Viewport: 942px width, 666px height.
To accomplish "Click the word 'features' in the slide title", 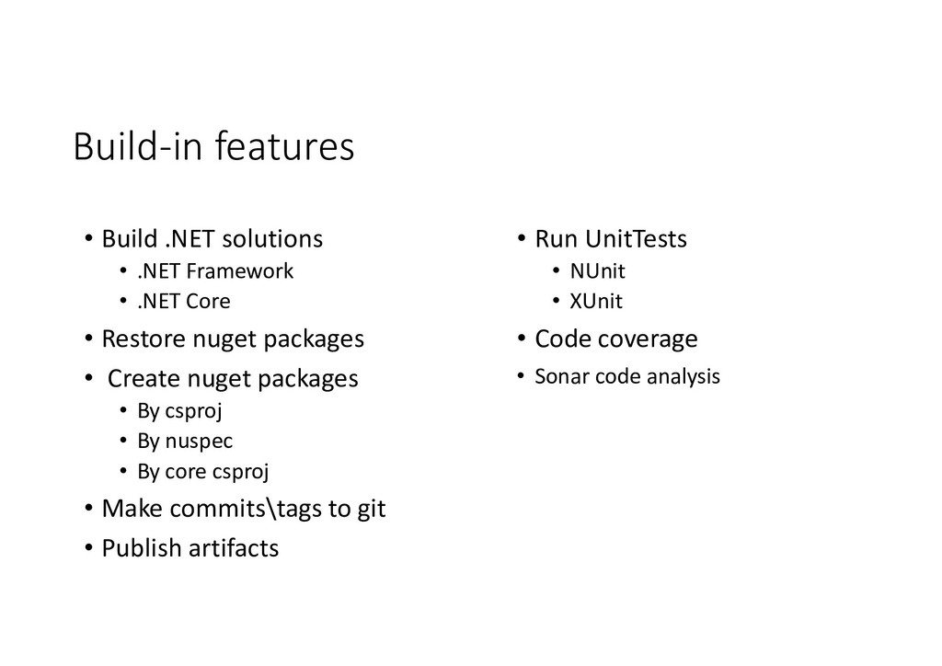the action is pos(284,147).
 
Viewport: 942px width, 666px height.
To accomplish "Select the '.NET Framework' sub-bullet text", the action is pos(215,271).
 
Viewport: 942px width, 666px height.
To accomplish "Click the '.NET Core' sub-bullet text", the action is pos(184,301).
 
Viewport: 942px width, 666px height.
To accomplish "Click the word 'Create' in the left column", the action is pos(144,378).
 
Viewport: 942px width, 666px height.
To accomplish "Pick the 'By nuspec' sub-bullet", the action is pos(185,441).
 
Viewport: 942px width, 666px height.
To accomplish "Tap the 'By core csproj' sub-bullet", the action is pos(203,472).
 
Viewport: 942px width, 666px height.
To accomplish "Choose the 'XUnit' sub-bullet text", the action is pos(596,301).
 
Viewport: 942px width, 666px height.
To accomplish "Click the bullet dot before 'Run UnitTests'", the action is pos(520,239).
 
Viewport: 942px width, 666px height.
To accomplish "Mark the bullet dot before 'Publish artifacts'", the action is pos(86,548).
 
